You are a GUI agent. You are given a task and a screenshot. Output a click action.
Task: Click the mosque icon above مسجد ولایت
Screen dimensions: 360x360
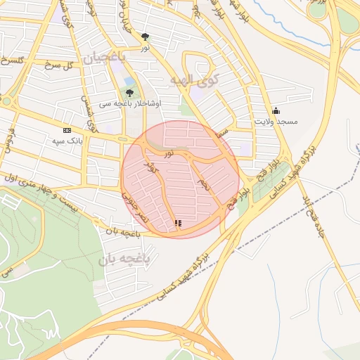pyautogui.click(x=276, y=110)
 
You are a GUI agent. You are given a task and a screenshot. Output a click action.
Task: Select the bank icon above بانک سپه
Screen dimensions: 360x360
pyautogui.click(x=67, y=130)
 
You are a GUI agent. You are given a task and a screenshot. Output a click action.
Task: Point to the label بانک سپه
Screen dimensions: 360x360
pyautogui.click(x=67, y=141)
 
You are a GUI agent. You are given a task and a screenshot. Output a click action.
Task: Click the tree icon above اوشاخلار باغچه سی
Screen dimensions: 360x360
pyautogui.click(x=129, y=92)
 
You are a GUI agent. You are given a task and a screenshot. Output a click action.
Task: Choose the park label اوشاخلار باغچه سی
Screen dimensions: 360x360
pyautogui.click(x=138, y=103)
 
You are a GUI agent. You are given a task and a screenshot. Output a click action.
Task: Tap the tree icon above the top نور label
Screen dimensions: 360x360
pyautogui.click(x=145, y=36)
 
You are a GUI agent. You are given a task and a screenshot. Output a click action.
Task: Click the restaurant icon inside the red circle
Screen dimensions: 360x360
pyautogui.click(x=178, y=223)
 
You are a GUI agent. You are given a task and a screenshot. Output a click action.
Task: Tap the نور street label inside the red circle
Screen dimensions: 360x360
pyautogui.click(x=169, y=153)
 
